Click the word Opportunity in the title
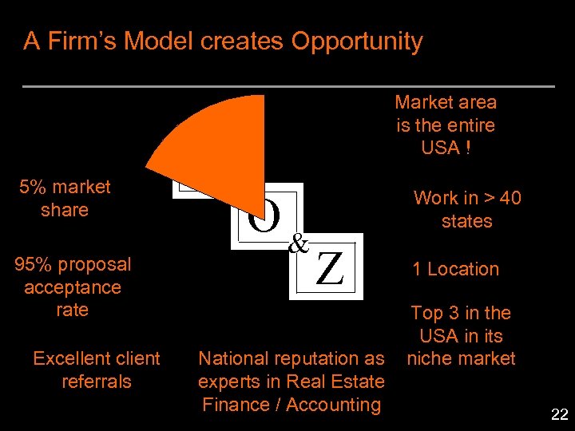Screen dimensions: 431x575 click(x=357, y=41)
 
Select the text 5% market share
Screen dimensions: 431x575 click(x=65, y=199)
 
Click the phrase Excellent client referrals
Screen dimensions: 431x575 click(x=96, y=370)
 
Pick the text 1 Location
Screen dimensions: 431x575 click(x=455, y=269)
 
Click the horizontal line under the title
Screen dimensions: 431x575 click(x=287, y=86)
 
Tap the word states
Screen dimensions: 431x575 click(x=466, y=221)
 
